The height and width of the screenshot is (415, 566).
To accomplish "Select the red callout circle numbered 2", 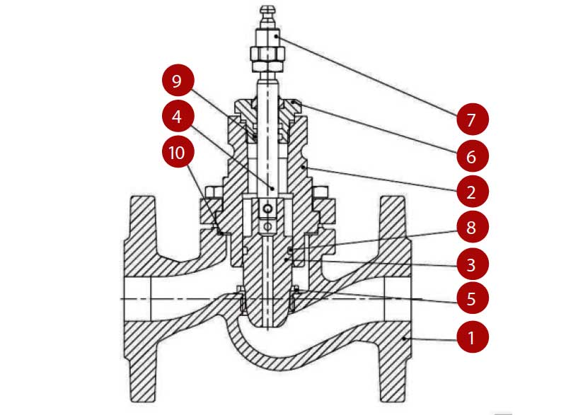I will (x=470, y=191).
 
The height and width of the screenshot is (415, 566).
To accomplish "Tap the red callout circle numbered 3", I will (x=470, y=264).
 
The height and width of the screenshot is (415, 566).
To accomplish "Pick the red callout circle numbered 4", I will (x=177, y=117).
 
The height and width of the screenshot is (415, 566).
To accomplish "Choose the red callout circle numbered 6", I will (x=470, y=154).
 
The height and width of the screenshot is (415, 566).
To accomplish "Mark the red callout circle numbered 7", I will (x=470, y=118).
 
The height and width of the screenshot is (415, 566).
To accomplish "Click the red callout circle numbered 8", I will (x=470, y=228).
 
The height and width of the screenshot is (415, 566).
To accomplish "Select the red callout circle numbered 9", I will (x=177, y=81).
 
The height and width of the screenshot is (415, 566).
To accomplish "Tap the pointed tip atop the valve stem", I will (x=267, y=9).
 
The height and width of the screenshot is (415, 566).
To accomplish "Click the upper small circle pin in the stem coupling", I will (x=267, y=209).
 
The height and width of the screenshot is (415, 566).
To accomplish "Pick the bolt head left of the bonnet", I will (x=215, y=192).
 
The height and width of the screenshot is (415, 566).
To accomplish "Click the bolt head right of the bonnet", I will (x=320, y=192).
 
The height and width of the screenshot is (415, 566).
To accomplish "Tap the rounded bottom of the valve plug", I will (x=267, y=322).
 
